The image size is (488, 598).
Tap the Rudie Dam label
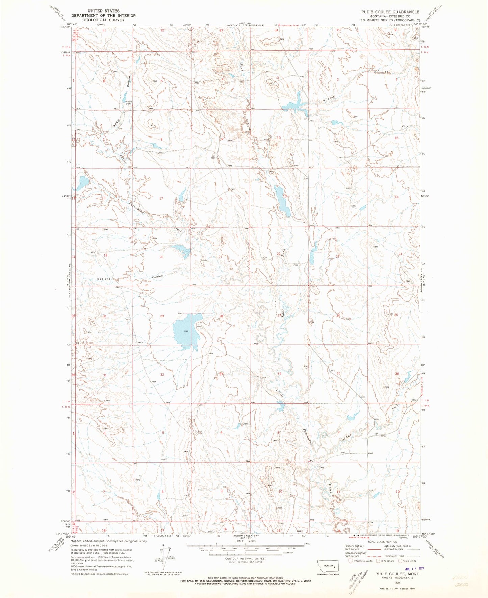click(129, 103)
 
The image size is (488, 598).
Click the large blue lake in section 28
click(186, 331)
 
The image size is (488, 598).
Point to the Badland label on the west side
click(104, 279)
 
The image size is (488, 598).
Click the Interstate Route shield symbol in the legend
click(351, 561)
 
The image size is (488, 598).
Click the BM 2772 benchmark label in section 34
click(305, 367)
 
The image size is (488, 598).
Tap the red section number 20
click(161, 257)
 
